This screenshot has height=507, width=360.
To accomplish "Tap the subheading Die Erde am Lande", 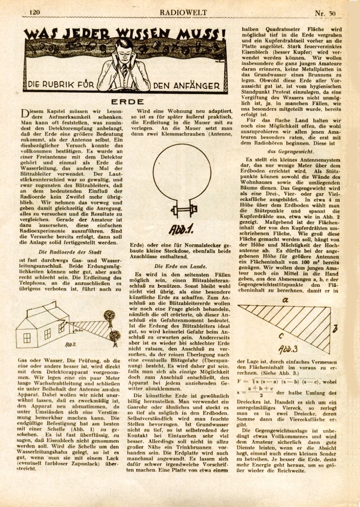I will point(180,266).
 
